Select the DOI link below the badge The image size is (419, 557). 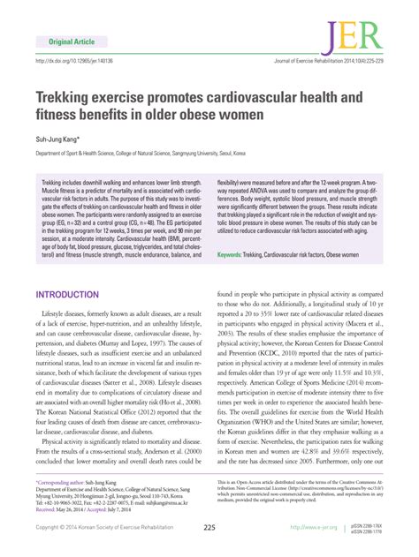(x=75, y=62)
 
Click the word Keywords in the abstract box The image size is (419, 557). (x=232, y=254)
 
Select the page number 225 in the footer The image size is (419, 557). (x=209, y=528)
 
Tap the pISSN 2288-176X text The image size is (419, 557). (x=371, y=524)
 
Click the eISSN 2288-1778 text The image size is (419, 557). (x=371, y=531)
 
